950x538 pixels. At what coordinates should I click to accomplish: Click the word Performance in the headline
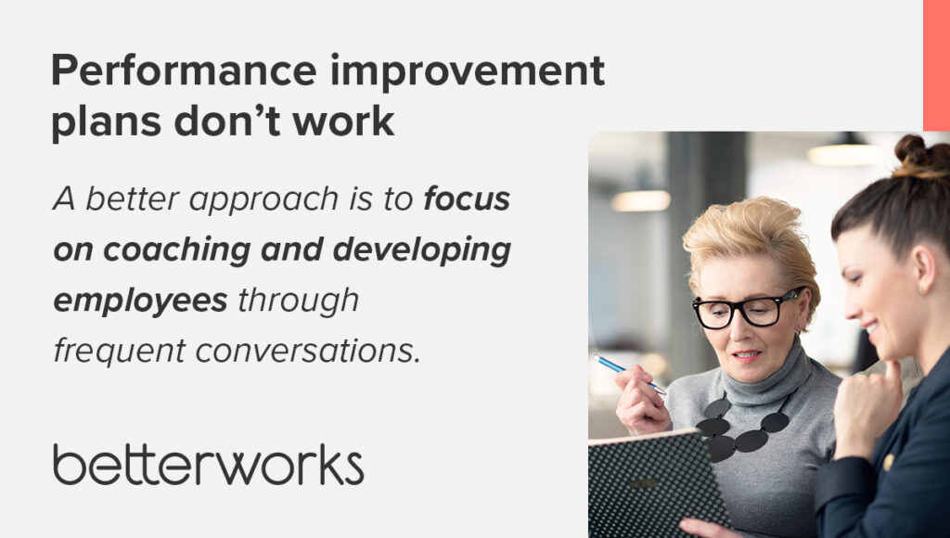185,70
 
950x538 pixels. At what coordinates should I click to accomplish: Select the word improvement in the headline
468,70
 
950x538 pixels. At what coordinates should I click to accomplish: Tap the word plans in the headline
106,122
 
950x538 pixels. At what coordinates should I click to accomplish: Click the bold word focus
468,199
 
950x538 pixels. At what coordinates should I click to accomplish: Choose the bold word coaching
177,250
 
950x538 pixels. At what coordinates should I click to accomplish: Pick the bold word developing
422,250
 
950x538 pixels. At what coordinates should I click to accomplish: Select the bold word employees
141,301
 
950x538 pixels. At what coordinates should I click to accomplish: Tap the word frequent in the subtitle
120,352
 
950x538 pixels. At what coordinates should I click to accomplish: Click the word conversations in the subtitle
308,352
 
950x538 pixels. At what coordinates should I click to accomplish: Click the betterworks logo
209,465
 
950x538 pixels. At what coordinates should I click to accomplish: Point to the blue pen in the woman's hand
629,374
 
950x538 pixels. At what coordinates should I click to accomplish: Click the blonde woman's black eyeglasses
748,309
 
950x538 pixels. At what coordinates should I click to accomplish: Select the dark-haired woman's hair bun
918,155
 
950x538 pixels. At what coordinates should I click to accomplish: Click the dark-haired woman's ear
926,268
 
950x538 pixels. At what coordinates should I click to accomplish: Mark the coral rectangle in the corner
937,66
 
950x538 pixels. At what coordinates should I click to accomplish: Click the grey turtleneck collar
766,375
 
